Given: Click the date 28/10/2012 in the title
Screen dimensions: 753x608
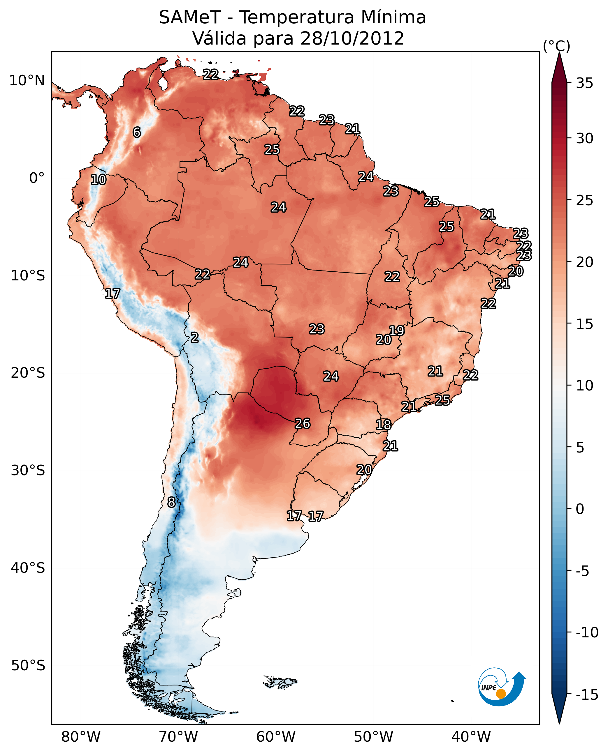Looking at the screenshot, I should (352, 38).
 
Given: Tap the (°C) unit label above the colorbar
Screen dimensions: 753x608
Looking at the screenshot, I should (556, 46).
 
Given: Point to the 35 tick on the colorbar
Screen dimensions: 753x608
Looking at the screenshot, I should (584, 83).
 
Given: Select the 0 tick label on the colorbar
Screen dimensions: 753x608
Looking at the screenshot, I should (580, 509).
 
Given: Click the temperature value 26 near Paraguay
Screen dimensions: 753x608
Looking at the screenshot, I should (302, 423).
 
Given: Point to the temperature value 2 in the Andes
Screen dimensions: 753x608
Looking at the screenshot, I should (194, 337).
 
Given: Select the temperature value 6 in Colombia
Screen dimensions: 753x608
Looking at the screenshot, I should (137, 132).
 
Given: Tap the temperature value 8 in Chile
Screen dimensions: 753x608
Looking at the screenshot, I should (171, 502).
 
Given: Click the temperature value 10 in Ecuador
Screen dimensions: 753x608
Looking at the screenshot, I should (99, 179).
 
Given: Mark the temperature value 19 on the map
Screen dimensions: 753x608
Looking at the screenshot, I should (397, 330).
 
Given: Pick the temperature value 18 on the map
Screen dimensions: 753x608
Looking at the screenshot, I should (384, 425).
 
